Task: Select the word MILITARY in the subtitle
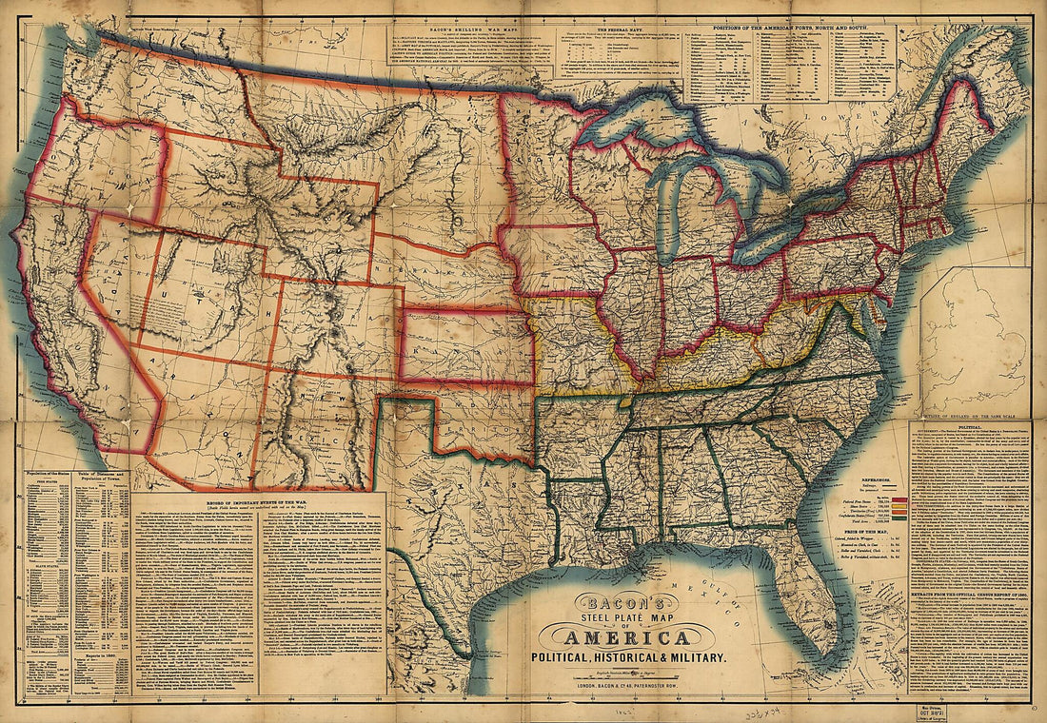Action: (x=692, y=658)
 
